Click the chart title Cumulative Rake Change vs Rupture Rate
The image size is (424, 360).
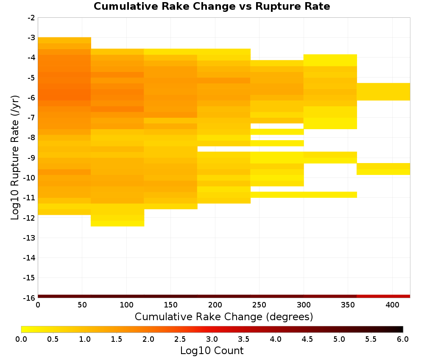coord(212,6)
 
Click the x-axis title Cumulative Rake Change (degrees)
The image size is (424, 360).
coord(223,317)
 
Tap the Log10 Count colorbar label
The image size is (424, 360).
coord(212,351)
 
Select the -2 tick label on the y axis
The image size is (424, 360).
coord(31,18)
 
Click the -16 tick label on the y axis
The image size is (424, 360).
coord(29,297)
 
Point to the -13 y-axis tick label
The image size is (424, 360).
coord(29,238)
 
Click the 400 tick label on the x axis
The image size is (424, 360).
coord(392,305)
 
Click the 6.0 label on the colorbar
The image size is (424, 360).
coord(402,339)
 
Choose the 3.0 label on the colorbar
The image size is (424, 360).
coord(212,339)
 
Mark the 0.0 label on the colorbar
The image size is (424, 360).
coord(21,339)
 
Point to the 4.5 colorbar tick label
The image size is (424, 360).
coord(307,339)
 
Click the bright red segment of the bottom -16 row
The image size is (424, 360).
coord(383,296)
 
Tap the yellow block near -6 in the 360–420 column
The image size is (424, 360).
coord(383,91)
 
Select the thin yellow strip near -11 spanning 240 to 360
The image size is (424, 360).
coord(303,195)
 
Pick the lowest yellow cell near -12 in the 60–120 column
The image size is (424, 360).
coord(117,223)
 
